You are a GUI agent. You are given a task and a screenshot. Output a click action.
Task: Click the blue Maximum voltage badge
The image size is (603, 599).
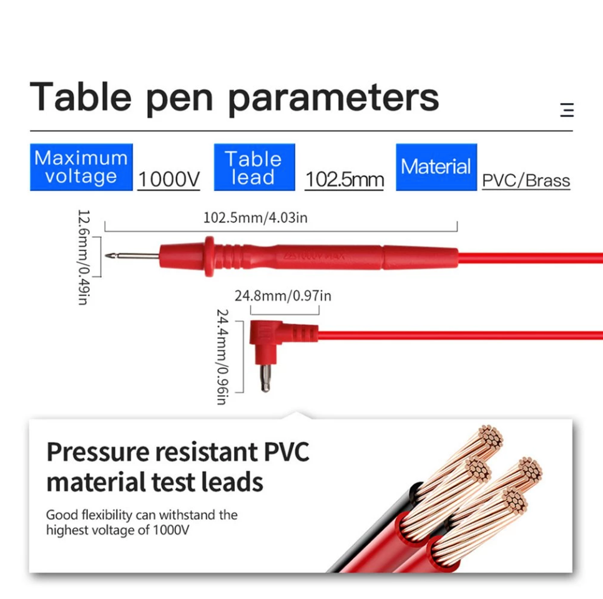tap(81, 167)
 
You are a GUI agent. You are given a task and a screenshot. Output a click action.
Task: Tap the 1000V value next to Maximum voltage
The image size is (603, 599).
tap(169, 180)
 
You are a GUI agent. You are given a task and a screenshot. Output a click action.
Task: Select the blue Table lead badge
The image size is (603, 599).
tap(254, 167)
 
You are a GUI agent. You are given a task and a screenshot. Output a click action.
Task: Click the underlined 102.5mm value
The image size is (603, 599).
tap(345, 180)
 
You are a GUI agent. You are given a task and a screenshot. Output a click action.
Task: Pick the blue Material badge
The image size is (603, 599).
tap(436, 167)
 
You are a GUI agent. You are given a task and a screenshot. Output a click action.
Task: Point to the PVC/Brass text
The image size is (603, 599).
tap(526, 181)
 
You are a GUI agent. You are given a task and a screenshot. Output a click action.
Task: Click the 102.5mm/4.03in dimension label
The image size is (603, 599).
tap(255, 218)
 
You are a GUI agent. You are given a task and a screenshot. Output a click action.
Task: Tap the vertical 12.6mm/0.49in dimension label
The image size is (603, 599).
tap(84, 257)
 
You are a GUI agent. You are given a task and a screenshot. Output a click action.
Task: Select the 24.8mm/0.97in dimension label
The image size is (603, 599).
tap(283, 296)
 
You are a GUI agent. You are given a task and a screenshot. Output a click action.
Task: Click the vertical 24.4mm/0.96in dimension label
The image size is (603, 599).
tap(223, 357)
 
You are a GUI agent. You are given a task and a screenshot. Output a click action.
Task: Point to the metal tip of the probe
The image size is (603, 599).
tap(132, 256)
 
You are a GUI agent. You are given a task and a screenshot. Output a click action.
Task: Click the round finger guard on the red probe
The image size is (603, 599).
tap(209, 256)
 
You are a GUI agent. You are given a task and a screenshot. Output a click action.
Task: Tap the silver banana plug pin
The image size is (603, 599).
tap(265, 378)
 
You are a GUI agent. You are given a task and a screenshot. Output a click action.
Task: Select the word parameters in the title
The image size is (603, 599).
tap(333, 99)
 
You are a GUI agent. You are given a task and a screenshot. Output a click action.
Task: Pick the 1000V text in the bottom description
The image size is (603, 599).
tap(171, 530)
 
